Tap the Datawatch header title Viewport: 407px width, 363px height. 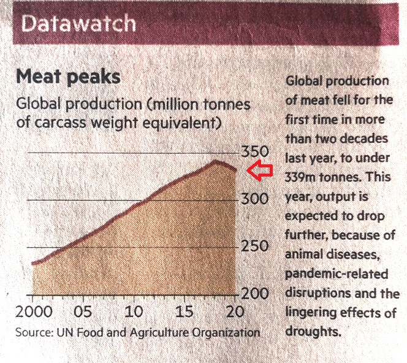[78, 23]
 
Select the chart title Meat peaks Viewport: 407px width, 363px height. [68, 78]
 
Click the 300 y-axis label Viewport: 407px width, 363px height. [253, 199]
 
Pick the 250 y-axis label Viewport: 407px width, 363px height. [253, 246]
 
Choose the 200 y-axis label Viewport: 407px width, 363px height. [253, 294]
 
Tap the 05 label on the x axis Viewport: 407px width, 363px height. [83, 311]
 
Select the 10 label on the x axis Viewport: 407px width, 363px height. [134, 311]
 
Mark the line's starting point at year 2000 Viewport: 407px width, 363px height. [32, 264]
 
